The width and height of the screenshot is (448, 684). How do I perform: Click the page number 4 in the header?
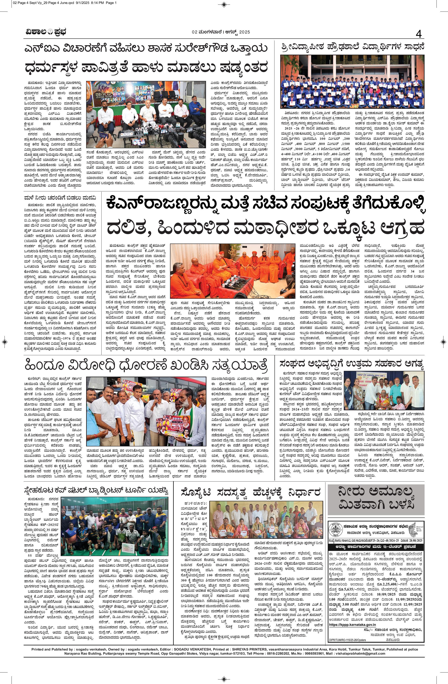tap(419, 34)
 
